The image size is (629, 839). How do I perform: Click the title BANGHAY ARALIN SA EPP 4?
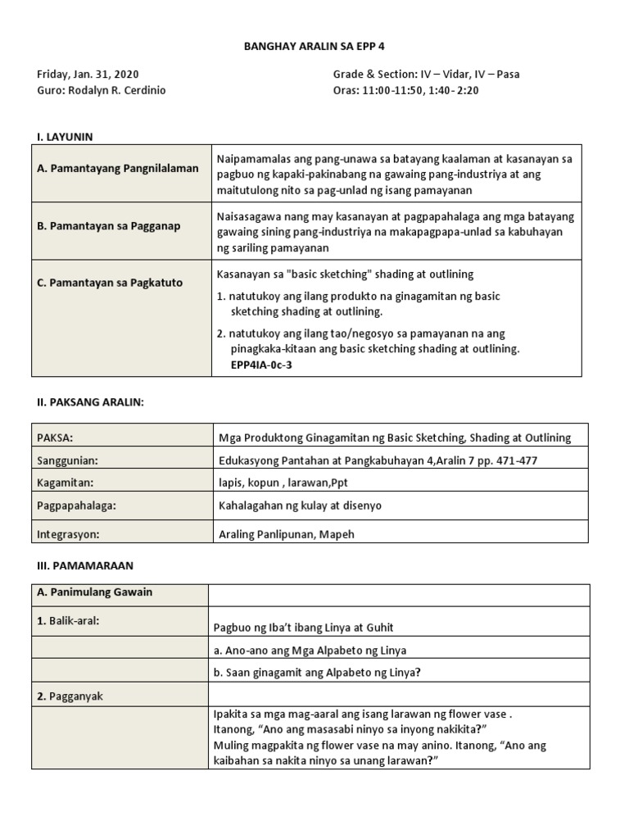coord(314,47)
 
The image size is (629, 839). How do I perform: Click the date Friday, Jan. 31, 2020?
coord(88,75)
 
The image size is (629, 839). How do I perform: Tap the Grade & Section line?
coord(426,75)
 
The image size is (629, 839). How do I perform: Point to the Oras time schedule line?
coord(405,90)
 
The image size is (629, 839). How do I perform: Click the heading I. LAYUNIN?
coord(70,136)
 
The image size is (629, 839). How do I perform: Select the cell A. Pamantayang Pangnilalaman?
coord(118,169)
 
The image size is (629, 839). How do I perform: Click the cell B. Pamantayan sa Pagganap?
coord(109,226)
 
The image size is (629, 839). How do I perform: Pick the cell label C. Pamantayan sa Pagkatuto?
coord(110,283)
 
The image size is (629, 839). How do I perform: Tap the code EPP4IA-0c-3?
coord(262,365)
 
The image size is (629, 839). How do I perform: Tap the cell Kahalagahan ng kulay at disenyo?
coord(300,506)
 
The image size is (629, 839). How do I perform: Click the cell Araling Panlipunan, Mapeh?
coord(287,534)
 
